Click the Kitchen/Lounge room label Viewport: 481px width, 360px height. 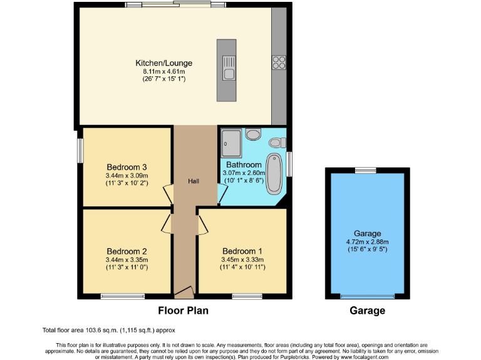tap(164, 63)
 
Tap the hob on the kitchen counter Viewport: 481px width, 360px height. tap(279, 62)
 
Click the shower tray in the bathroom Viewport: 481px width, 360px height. tap(230, 142)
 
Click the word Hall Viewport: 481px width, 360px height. tap(194, 181)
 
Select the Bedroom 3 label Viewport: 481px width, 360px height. tap(127, 167)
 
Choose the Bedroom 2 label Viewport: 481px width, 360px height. tap(127, 252)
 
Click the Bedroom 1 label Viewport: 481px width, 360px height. tap(242, 252)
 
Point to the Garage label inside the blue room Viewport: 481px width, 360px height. tap(367, 234)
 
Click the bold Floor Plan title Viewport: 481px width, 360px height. tap(183, 310)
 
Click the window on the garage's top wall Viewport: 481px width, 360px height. tap(366, 170)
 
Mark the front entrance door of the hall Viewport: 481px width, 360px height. tap(184, 291)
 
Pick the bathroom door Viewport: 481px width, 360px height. tap(222, 194)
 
